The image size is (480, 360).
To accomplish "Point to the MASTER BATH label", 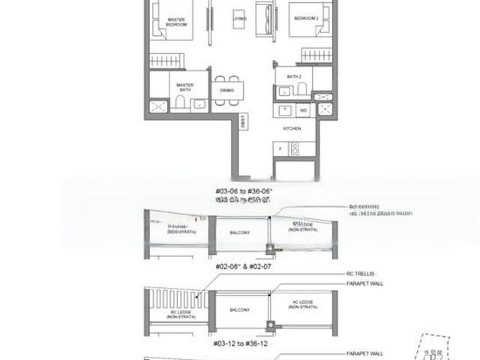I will pyautogui.click(x=185, y=86).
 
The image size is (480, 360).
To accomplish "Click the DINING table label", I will pyautogui.click(x=227, y=90).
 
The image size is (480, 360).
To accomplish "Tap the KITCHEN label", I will pyautogui.click(x=292, y=129).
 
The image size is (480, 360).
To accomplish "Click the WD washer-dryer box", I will pyautogui.click(x=303, y=109).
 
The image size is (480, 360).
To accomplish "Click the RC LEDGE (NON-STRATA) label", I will pyautogui.click(x=178, y=313).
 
